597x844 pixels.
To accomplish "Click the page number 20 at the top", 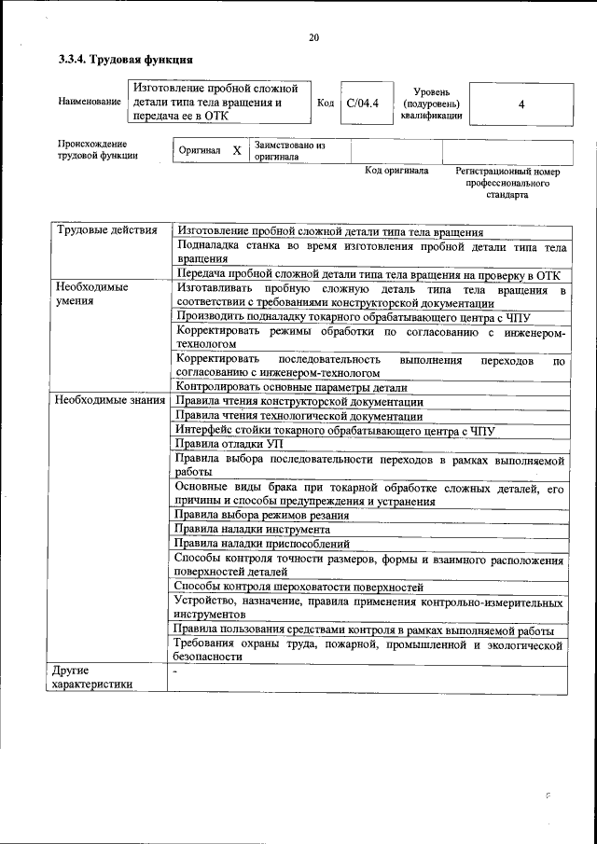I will [x=313, y=37].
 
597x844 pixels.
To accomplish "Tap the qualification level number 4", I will [x=521, y=104].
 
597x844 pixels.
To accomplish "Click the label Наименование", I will [x=89, y=101].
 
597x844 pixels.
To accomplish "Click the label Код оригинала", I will [x=396, y=172].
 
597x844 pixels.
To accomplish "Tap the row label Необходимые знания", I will [x=109, y=400].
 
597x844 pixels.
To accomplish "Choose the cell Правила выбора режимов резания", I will [x=262, y=515].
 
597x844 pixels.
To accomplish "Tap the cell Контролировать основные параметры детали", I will [x=291, y=387].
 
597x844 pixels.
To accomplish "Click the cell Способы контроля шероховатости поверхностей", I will [x=298, y=587].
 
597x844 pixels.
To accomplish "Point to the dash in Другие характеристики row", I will [x=174, y=671].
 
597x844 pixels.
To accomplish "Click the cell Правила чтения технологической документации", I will [x=298, y=416].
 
